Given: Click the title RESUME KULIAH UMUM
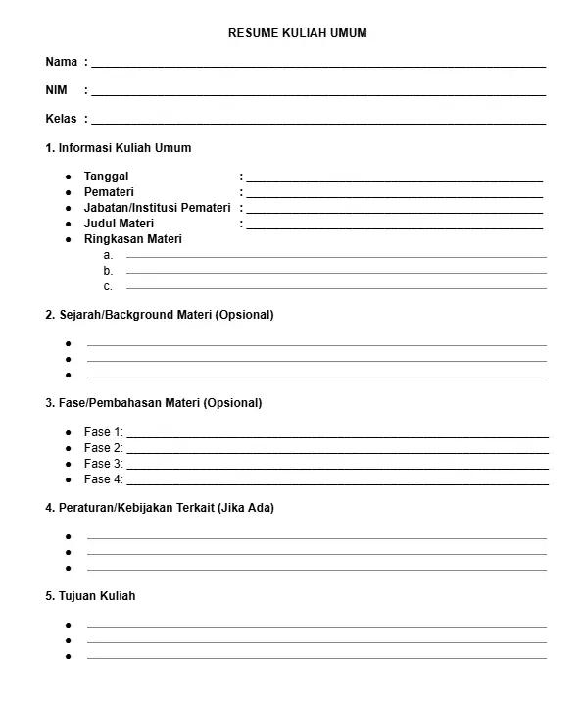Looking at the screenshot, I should [297, 33].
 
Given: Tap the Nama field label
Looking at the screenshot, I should [61, 62].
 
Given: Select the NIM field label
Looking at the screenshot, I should [56, 90].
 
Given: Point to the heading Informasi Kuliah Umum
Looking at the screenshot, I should [124, 148].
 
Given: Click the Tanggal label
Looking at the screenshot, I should [106, 176].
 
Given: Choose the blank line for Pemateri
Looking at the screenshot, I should [394, 196].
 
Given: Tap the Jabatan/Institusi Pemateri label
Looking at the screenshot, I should [157, 208].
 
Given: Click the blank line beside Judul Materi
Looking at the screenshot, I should [394, 227].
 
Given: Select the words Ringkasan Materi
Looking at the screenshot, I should [133, 239].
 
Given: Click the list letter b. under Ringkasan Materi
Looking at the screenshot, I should [108, 271].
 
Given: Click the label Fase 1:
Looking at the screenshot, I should [103, 432].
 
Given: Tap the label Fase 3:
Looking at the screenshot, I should [103, 464].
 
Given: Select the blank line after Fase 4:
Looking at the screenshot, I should [337, 483].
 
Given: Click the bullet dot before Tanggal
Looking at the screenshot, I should [68, 176].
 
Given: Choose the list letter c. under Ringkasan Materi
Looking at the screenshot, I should [108, 287].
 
